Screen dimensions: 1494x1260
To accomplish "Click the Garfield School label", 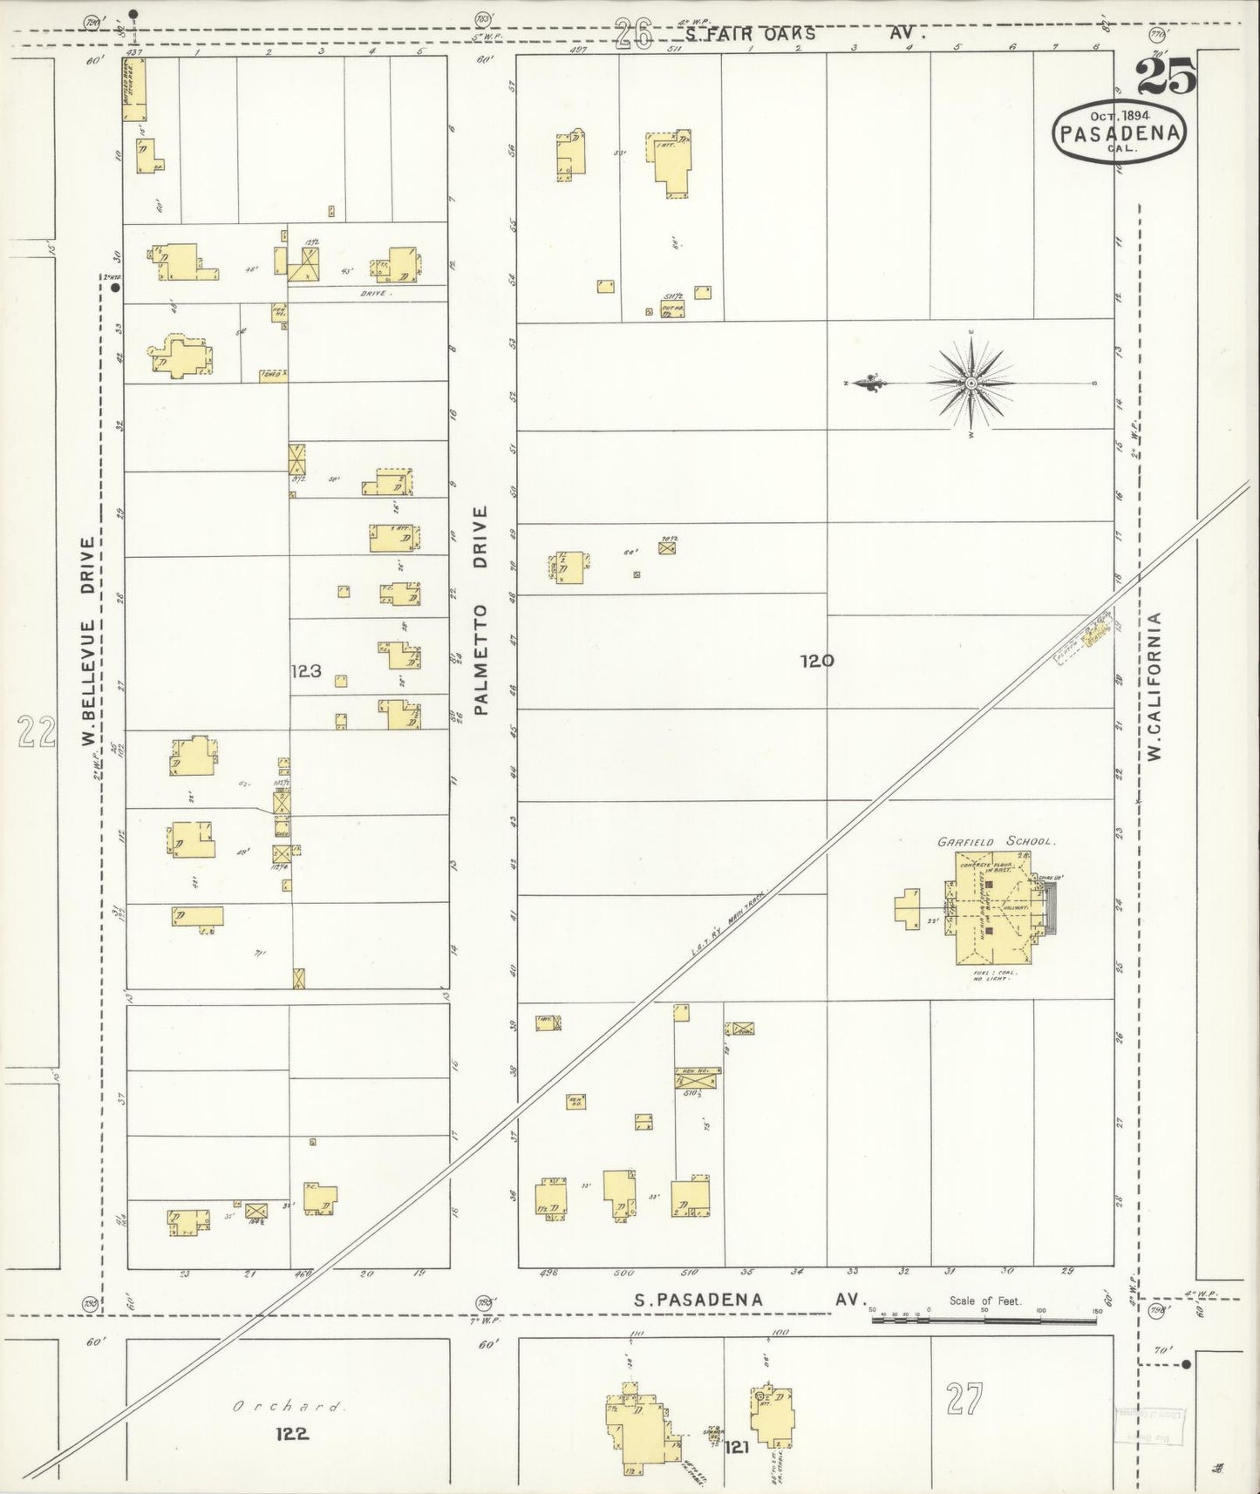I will tap(996, 842).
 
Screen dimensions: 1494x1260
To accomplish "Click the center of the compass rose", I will tap(971, 384).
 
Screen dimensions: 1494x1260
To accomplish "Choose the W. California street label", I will tap(1156, 686).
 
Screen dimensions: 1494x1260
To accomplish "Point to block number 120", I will tap(817, 661).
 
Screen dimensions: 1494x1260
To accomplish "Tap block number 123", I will tap(307, 671).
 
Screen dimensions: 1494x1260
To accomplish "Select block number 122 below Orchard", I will tap(291, 1434).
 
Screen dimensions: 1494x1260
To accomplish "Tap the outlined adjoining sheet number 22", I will tap(37, 732).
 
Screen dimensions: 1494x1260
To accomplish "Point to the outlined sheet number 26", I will tap(635, 35).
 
